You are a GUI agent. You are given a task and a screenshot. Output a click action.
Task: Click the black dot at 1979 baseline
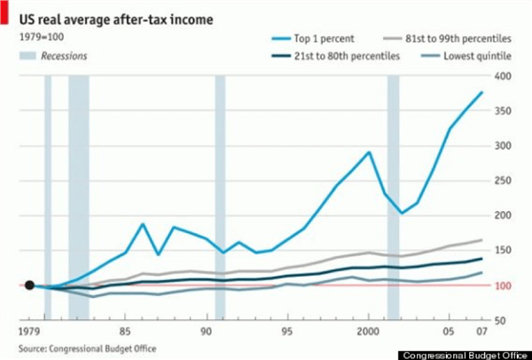[29, 286]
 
